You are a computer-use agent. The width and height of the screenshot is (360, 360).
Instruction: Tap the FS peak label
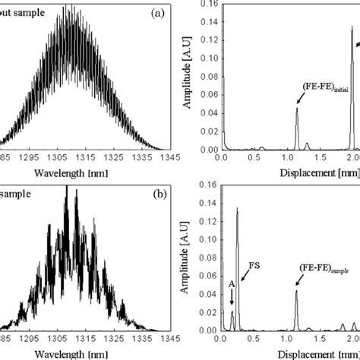[x=254, y=267]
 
